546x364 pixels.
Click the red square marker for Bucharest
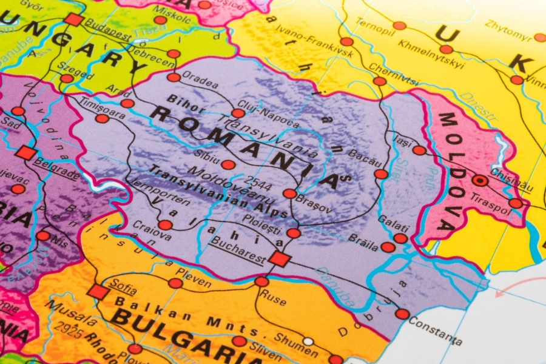[280, 259]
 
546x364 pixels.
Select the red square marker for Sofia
[98, 292]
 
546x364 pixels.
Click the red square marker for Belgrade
[25, 153]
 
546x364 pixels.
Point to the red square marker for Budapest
[73, 19]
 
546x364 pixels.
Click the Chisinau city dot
[480, 180]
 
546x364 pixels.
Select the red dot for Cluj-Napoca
[238, 113]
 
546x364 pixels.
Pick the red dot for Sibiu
[228, 164]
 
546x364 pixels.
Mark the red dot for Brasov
[290, 194]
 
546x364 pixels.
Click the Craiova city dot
[165, 225]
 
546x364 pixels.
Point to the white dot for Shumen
[309, 342]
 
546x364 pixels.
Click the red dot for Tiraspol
[515, 203]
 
